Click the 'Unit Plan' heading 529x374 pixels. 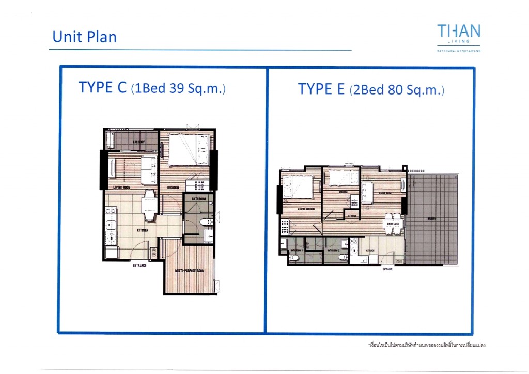click(x=84, y=37)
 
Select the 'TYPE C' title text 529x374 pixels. click(x=102, y=87)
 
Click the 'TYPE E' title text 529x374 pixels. click(x=321, y=89)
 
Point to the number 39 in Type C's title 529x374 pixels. click(x=177, y=88)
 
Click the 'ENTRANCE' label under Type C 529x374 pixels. click(x=139, y=266)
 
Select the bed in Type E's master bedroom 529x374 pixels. click(x=298, y=186)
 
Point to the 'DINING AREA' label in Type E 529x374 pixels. click(x=391, y=224)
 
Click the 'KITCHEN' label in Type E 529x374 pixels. click(x=371, y=251)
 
